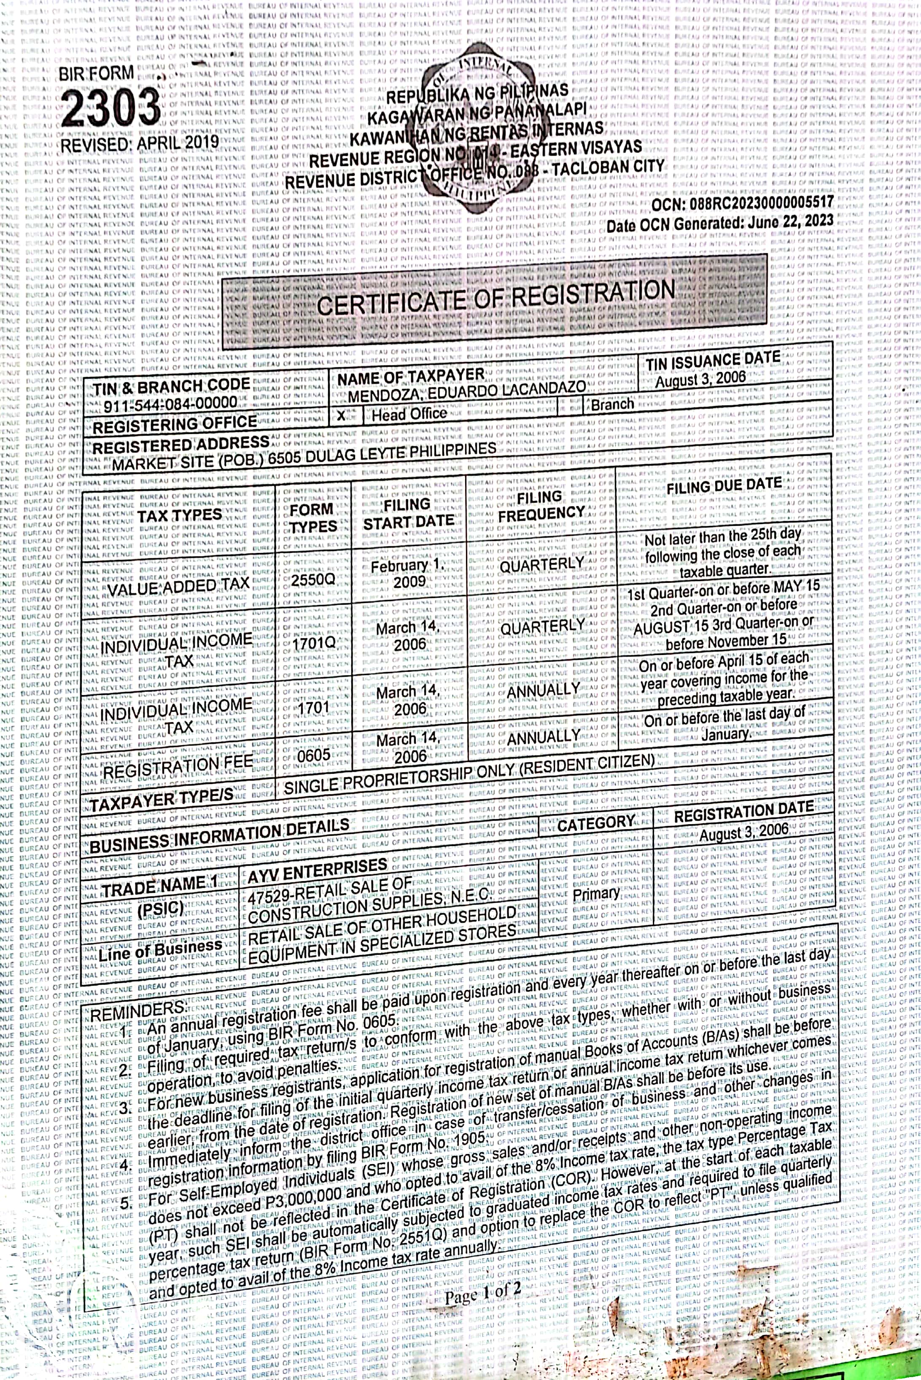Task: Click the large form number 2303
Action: coord(110,108)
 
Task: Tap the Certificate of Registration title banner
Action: coord(495,299)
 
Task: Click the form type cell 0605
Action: coord(314,755)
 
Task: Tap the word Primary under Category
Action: coord(595,894)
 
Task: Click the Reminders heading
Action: coord(137,1012)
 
